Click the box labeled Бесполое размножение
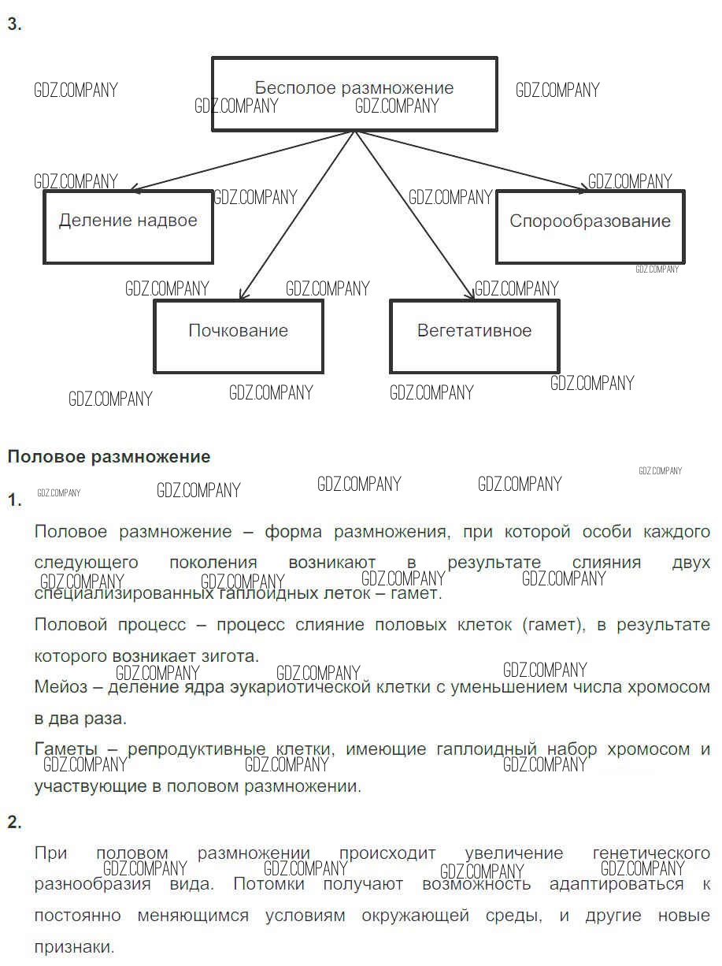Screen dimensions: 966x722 coord(354,93)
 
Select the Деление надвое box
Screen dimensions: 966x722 coord(128,226)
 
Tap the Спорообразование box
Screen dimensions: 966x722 coord(590,226)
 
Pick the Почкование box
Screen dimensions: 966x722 coord(238,336)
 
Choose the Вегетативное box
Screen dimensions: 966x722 coord(474,336)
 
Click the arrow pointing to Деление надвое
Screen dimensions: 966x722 coord(244,161)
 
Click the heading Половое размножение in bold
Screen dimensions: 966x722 coord(109,457)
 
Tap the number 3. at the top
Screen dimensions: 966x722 coord(14,24)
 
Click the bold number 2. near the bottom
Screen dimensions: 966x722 coord(14,823)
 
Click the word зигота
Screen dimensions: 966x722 coord(228,656)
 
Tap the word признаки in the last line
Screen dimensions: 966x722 coord(74,946)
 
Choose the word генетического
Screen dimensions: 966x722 coord(650,853)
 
